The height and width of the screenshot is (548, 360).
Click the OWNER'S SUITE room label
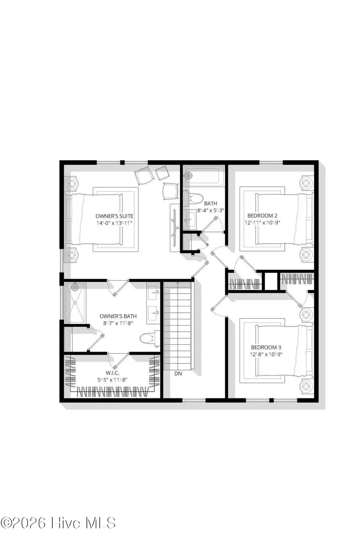(x=114, y=216)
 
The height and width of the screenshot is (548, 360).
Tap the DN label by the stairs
(x=178, y=374)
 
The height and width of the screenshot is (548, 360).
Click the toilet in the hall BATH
(x=196, y=197)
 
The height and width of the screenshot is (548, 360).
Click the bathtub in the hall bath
(x=202, y=176)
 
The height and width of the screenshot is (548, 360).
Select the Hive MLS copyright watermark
(x=58, y=523)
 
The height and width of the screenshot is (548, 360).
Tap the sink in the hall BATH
(x=189, y=219)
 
